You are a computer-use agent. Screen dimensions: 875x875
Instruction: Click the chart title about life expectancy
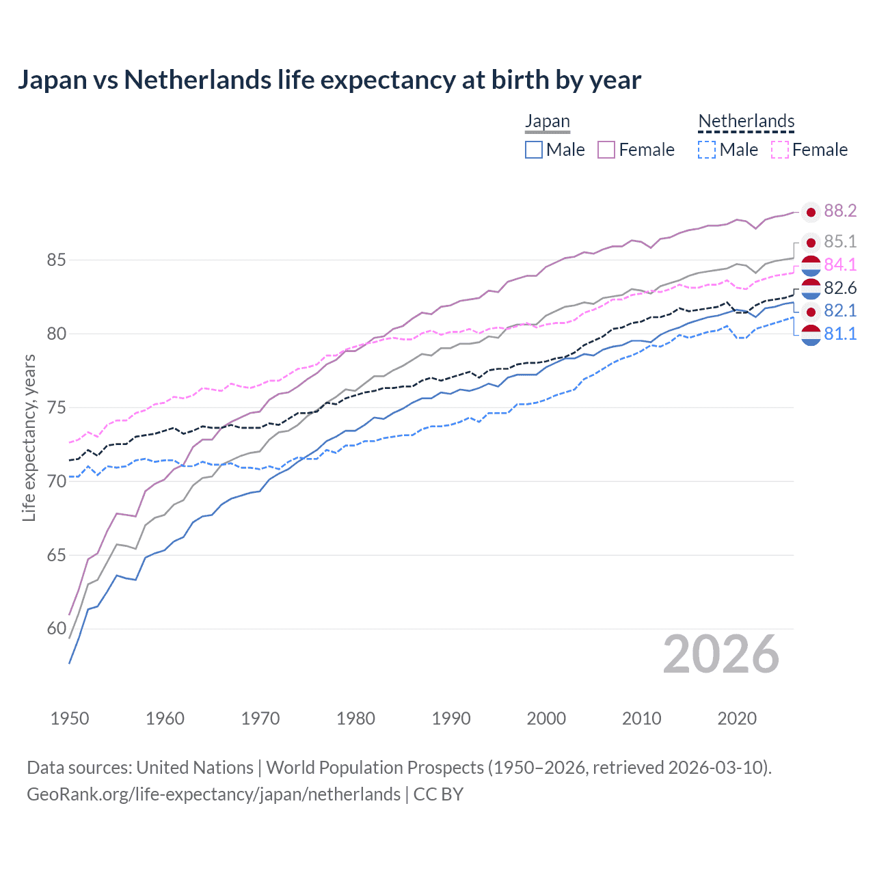point(329,80)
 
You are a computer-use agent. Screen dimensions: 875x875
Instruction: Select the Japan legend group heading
point(547,122)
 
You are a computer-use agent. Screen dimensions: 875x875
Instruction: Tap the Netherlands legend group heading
point(746,122)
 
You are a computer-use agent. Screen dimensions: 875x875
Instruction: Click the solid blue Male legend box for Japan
point(534,150)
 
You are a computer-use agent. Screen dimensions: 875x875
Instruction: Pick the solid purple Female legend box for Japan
point(606,150)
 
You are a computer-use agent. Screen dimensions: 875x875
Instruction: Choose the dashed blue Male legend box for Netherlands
point(707,150)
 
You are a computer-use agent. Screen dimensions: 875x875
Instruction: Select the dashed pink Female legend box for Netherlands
point(780,150)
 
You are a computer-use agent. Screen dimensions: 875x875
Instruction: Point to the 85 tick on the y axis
point(56,260)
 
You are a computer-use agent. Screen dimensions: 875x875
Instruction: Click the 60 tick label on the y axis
point(56,629)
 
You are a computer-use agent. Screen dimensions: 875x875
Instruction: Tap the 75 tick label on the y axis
point(56,408)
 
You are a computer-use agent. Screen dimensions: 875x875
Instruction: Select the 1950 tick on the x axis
point(70,718)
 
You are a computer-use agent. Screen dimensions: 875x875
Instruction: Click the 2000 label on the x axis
point(546,718)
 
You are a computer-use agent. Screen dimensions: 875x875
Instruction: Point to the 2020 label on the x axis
point(737,718)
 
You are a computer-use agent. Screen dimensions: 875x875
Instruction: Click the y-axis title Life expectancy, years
point(29,438)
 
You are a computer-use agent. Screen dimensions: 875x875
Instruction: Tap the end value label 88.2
point(840,211)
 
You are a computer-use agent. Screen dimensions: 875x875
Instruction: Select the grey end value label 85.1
point(840,242)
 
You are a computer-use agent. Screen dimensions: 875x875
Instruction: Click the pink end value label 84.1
point(840,265)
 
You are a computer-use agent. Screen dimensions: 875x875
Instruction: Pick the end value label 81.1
point(840,334)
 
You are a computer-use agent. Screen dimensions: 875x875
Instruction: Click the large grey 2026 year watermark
point(721,654)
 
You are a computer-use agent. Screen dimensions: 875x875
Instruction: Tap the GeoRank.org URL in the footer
point(213,794)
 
